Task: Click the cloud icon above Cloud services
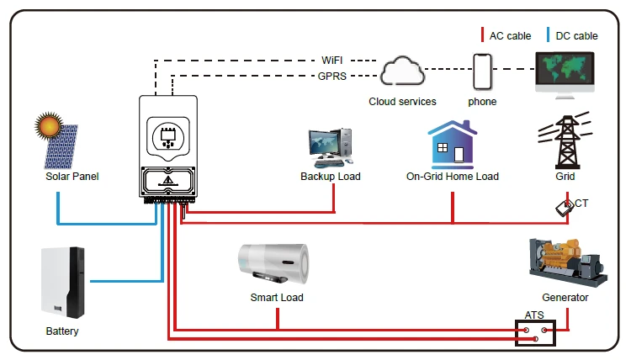tap(402, 71)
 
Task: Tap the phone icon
tap(482, 71)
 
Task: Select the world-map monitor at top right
tap(565, 75)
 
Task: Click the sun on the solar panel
tap(49, 125)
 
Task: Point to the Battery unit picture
tap(63, 283)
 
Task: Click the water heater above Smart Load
tap(273, 263)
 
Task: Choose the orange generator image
tap(567, 262)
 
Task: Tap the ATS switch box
tap(535, 332)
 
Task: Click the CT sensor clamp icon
tap(565, 208)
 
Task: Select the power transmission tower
tap(566, 140)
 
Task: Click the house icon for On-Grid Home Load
tap(453, 145)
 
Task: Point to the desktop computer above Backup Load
tap(331, 148)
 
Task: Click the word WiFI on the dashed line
tap(332, 61)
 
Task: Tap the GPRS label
tap(332, 76)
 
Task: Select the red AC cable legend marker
tap(482, 35)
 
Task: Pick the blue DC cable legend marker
tap(548, 35)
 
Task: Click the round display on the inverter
tap(168, 137)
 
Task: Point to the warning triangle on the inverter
tap(168, 180)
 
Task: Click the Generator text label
tap(565, 298)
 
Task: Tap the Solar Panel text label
tap(72, 177)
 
